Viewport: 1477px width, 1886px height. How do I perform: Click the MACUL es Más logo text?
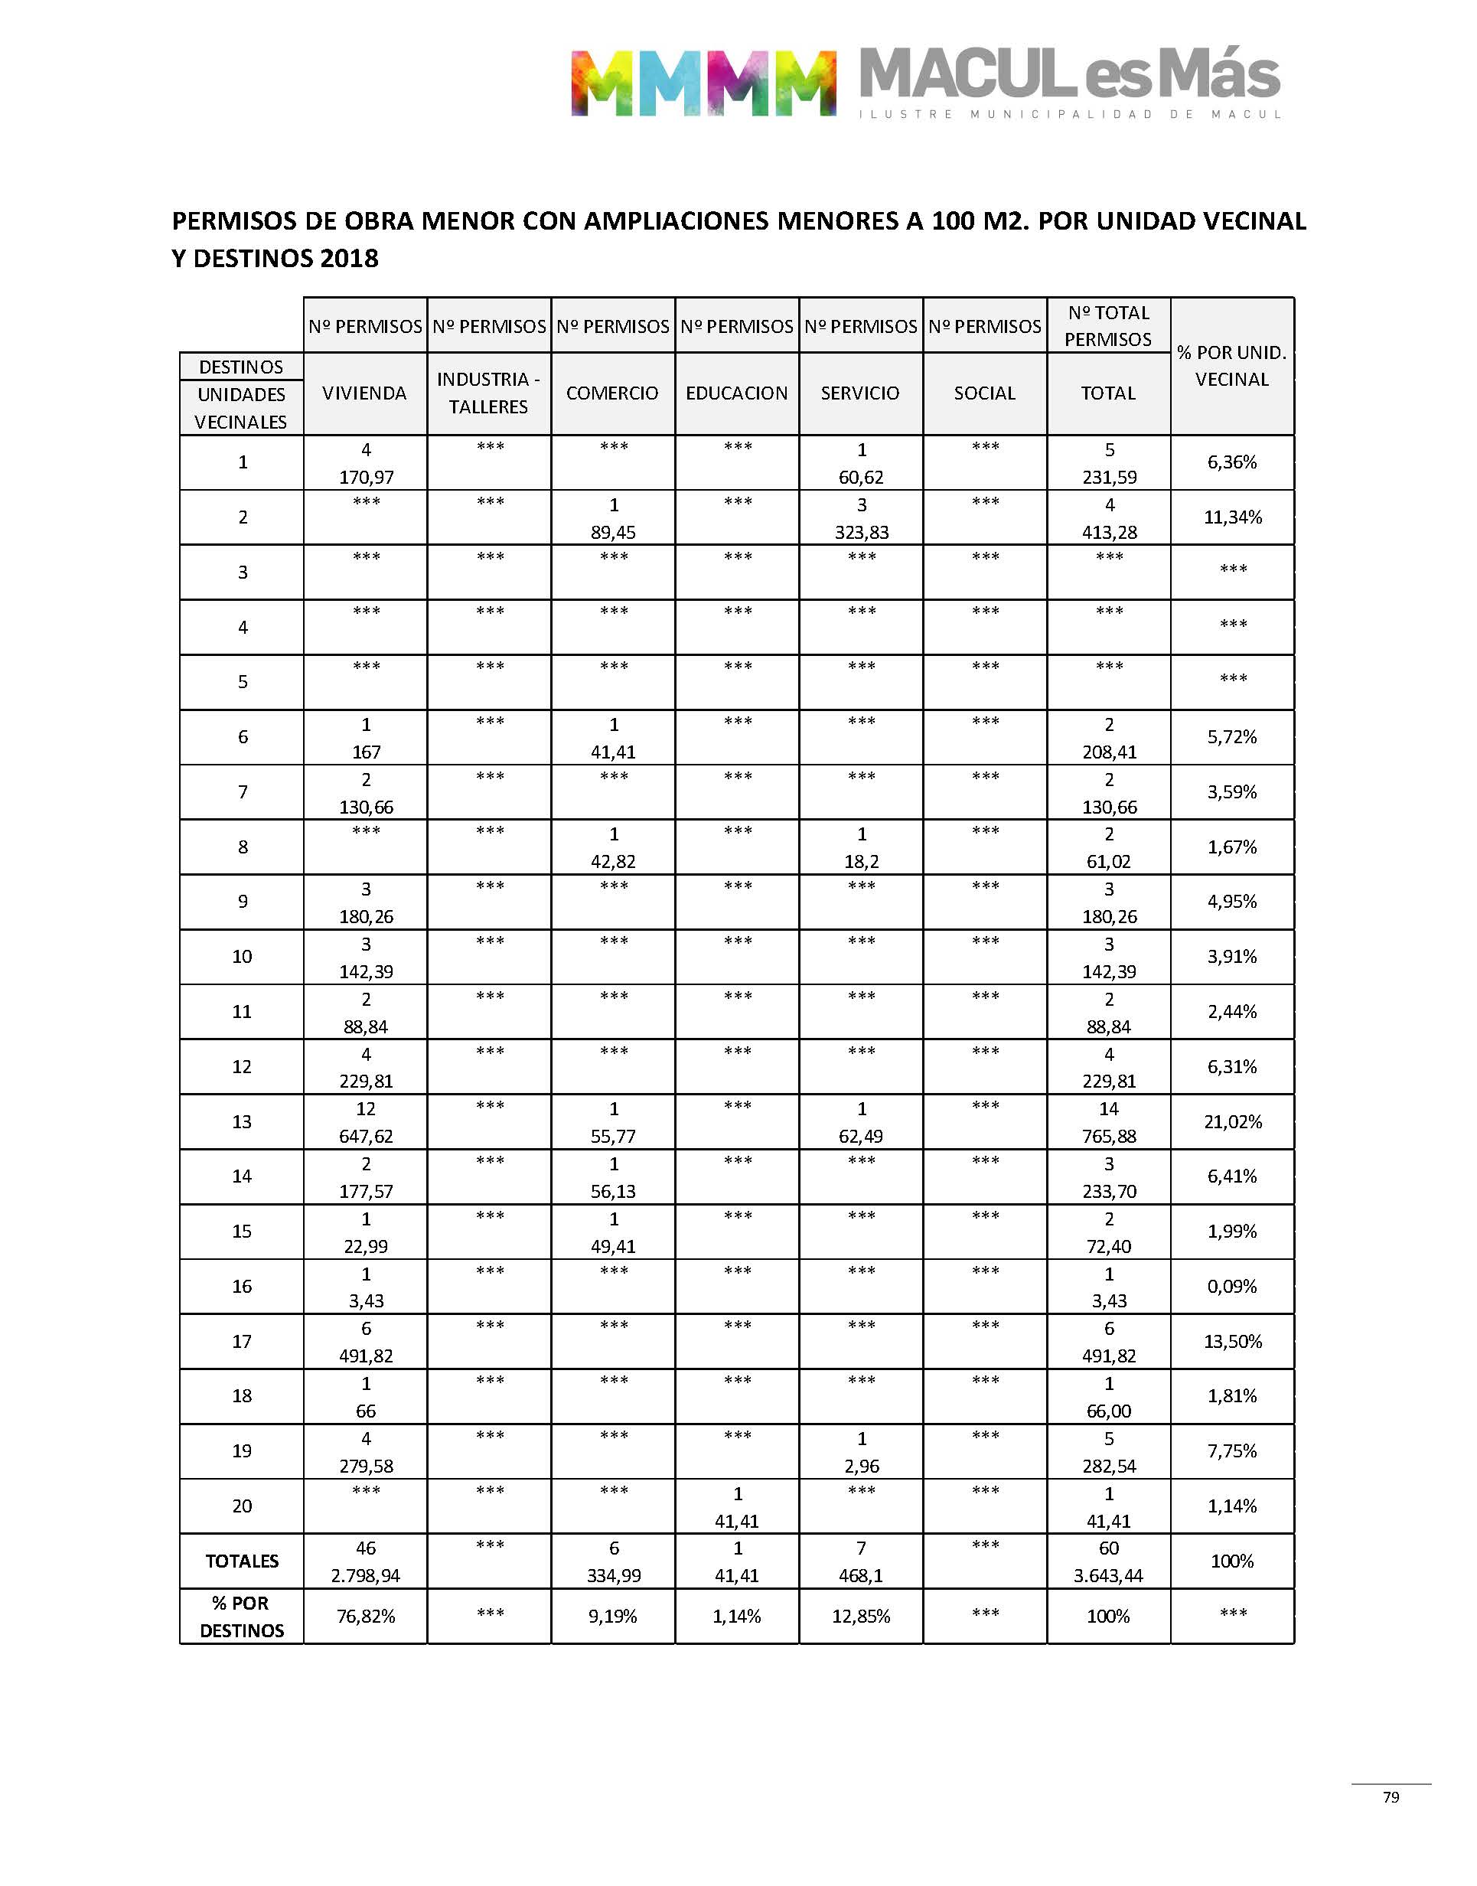tap(1069, 75)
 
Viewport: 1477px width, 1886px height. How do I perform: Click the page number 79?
tap(1391, 1796)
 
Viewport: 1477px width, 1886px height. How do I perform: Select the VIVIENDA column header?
tap(364, 393)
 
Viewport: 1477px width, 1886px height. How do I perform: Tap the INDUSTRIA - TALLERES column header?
tap(487, 393)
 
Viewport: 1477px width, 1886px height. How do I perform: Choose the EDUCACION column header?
tap(737, 393)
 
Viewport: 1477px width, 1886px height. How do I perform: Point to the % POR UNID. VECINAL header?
tap(1231, 366)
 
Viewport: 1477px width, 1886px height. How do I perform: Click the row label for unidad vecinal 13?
tap(241, 1121)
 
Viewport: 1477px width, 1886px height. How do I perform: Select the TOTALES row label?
tap(241, 1561)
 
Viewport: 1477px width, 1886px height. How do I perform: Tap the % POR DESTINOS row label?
tap(241, 1617)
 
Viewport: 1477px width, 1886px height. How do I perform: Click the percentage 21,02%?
tap(1232, 1121)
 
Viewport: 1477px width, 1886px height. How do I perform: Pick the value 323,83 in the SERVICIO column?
tap(861, 532)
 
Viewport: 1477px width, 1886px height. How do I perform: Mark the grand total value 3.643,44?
tap(1108, 1575)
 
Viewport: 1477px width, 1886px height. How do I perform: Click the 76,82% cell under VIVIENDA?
tap(365, 1617)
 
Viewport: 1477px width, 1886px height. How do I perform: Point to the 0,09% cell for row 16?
tap(1231, 1286)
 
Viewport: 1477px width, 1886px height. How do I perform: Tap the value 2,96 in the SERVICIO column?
tap(861, 1466)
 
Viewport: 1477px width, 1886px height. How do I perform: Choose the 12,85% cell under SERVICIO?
tap(860, 1617)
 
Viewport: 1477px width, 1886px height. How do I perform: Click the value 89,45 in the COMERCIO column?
tap(613, 532)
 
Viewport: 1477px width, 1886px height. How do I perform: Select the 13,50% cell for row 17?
tap(1232, 1341)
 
